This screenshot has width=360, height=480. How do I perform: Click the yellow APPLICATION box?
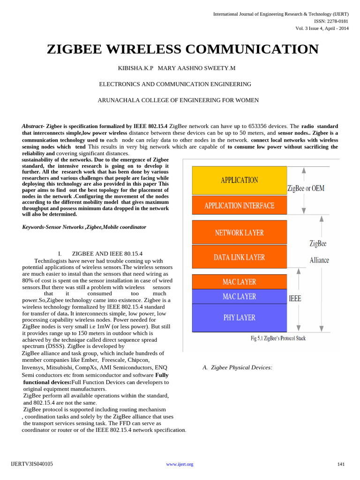(x=239, y=180)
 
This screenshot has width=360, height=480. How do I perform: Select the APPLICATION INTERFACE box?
(x=239, y=206)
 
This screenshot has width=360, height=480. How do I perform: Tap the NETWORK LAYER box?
(x=239, y=232)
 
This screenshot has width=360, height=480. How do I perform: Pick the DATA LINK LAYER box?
(x=239, y=257)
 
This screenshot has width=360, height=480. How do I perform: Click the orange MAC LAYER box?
(x=239, y=282)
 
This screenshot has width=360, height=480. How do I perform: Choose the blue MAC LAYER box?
(x=239, y=296)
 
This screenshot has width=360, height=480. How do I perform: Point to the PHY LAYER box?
(x=239, y=318)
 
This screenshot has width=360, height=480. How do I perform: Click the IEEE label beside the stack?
(x=295, y=298)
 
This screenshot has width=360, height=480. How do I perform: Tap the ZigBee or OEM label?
(x=306, y=188)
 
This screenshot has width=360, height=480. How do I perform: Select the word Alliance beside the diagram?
(x=319, y=260)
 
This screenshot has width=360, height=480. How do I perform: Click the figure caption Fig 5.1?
(x=277, y=338)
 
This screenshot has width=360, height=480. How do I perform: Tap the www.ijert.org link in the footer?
(x=180, y=464)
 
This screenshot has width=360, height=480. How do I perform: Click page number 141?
(x=341, y=464)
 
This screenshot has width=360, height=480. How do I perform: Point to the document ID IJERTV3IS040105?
(x=32, y=464)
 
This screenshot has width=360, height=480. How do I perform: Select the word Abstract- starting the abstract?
(x=33, y=127)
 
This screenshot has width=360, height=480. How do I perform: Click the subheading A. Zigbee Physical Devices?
(x=237, y=367)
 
